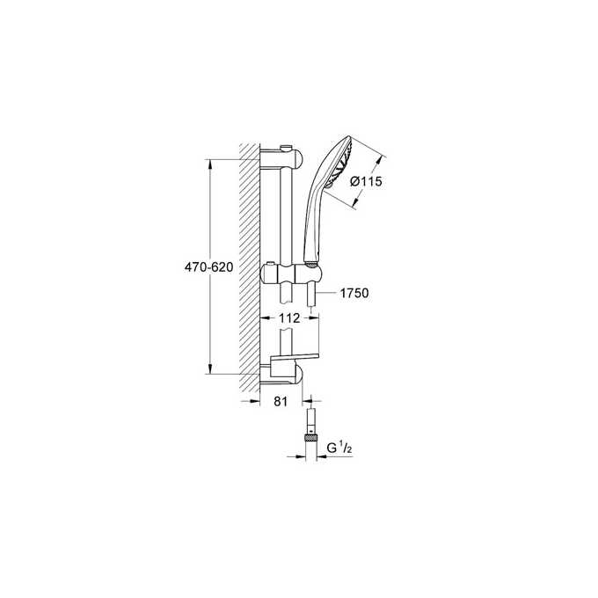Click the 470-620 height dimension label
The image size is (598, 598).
click(x=208, y=267)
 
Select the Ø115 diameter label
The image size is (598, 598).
click(x=366, y=182)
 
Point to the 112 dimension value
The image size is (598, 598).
click(x=291, y=317)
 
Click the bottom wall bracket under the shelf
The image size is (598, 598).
click(x=286, y=378)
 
